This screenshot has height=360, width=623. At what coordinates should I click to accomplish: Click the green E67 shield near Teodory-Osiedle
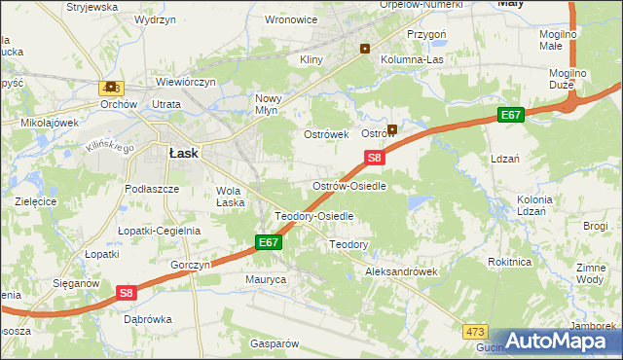coord(270,242)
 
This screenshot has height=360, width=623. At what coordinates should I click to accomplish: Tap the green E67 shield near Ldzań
coord(512,116)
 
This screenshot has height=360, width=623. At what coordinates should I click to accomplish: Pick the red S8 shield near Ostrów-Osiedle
coord(376,157)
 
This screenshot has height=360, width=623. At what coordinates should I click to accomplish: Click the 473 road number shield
coord(475,332)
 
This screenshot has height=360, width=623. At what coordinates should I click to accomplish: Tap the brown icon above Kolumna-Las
coord(365,48)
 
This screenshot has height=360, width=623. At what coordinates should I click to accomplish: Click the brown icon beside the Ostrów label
coord(392,129)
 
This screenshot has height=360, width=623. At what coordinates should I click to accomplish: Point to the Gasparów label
coord(273,343)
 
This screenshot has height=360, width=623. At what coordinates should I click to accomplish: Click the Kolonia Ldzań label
coord(534,205)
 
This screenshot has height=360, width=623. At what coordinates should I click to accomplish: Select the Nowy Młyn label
coord(268,104)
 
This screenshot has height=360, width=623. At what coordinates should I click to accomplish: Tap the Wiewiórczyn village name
coord(184,83)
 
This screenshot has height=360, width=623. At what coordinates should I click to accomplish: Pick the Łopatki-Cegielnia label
coord(159,231)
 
